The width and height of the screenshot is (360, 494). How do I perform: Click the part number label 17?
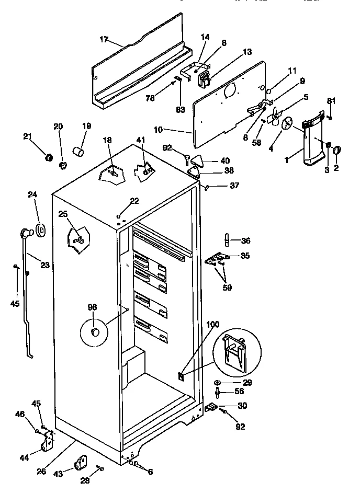tap(104, 39)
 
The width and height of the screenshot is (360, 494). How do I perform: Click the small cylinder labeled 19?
tap(80, 152)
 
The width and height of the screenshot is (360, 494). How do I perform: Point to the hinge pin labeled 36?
tap(227, 240)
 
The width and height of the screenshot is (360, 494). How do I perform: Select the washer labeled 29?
tap(218, 383)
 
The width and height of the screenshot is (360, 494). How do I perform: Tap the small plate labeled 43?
tap(81, 463)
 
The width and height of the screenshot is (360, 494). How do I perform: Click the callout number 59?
tap(227, 287)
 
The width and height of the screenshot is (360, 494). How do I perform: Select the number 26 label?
tap(41, 471)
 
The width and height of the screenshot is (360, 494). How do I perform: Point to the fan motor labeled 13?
tap(203, 78)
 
